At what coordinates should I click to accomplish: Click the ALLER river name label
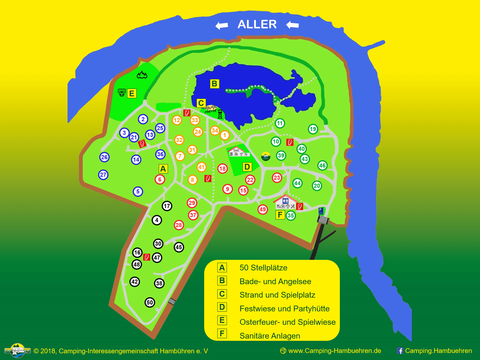257,25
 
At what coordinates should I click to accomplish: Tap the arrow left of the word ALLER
222,25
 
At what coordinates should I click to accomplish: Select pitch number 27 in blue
103,175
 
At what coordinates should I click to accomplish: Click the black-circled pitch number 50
150,302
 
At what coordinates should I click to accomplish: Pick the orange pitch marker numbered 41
201,167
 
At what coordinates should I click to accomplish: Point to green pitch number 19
313,129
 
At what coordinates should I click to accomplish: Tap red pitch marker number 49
262,209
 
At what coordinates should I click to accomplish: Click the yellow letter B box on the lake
214,84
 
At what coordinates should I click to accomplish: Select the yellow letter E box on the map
132,93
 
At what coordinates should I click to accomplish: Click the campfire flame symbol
142,75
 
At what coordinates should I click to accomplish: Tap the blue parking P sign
321,211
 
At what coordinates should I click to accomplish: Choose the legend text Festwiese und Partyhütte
284,308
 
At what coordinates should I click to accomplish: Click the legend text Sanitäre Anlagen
270,336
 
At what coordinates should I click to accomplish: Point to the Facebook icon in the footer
400,351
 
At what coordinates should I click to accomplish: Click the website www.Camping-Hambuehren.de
334,351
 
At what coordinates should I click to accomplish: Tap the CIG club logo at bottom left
18,350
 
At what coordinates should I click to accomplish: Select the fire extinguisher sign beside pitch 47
147,257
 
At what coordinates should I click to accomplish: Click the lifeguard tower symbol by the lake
220,114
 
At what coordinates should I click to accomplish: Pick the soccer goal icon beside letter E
122,93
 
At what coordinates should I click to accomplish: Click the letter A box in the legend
222,268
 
